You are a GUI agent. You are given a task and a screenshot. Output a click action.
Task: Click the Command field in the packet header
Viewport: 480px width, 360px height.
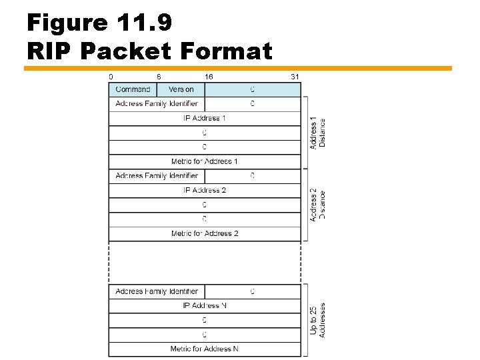click(x=133, y=89)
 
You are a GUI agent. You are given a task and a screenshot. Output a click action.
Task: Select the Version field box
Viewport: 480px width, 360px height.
click(x=181, y=89)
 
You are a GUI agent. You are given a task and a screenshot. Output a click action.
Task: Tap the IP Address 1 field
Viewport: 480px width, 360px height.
click(x=205, y=118)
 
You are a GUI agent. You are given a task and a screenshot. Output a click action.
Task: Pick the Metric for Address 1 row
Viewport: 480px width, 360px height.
click(x=205, y=161)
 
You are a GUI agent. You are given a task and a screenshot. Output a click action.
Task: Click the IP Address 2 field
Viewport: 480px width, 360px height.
click(x=205, y=190)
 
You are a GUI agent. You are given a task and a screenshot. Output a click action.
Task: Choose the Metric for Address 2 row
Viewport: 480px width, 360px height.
click(x=205, y=233)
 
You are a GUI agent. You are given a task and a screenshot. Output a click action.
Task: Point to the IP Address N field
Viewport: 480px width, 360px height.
click(x=205, y=305)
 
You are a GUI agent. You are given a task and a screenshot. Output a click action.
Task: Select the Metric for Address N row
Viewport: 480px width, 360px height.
click(x=205, y=349)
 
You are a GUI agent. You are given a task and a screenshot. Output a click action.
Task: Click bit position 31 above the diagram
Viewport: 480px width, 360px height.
click(x=295, y=77)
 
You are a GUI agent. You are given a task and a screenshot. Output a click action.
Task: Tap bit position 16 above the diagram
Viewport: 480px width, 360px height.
click(x=209, y=77)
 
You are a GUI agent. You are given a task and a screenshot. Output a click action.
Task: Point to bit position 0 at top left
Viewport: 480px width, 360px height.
click(x=111, y=77)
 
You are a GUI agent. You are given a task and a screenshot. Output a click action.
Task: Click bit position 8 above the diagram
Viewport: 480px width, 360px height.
click(x=159, y=77)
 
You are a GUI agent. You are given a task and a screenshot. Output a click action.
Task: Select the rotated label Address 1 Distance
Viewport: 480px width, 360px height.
click(x=318, y=133)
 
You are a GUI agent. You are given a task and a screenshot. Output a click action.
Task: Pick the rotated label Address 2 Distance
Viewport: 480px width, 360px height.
click(x=318, y=205)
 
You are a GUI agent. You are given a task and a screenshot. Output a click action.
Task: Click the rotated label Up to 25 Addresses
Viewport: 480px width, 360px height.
click(x=318, y=320)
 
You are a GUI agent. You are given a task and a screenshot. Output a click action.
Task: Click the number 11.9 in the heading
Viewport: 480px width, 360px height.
click(x=143, y=23)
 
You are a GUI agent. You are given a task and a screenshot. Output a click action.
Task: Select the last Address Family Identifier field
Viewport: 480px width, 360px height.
click(x=157, y=291)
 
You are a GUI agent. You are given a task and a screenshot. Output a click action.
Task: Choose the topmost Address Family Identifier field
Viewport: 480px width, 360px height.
click(x=157, y=103)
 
